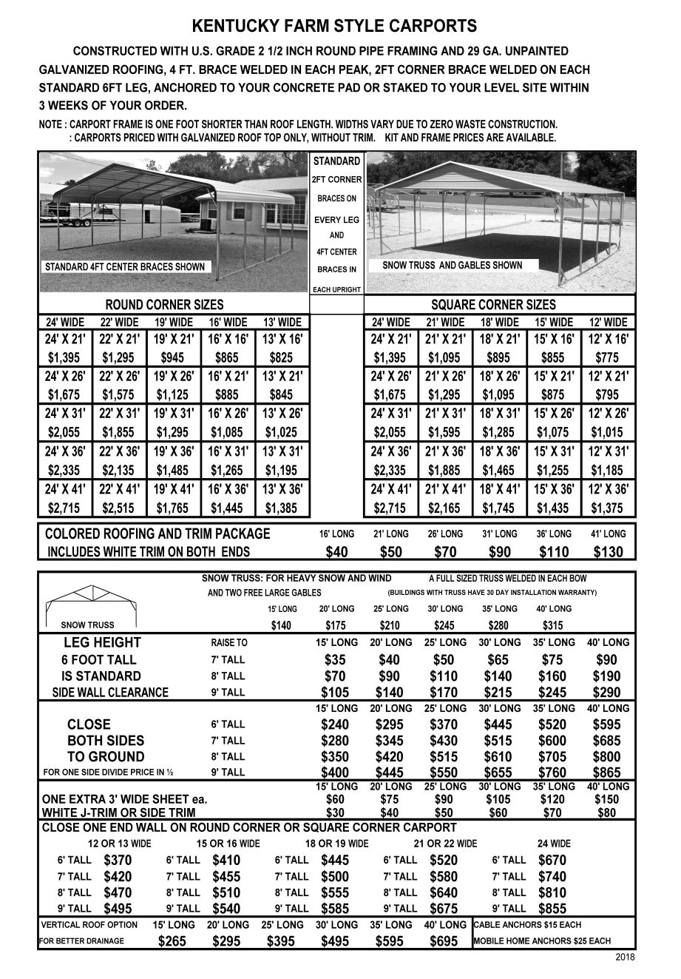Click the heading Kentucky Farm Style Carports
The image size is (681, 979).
click(x=334, y=27)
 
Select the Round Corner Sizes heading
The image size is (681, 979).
click(x=164, y=305)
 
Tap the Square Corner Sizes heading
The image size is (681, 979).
click(x=492, y=305)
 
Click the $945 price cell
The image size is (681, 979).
click(x=172, y=357)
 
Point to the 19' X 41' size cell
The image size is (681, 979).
click(x=172, y=489)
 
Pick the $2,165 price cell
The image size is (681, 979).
click(x=444, y=508)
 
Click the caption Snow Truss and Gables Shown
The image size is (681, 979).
click(x=452, y=265)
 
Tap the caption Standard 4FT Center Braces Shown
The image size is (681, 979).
click(x=125, y=266)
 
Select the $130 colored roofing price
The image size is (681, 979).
click(x=609, y=551)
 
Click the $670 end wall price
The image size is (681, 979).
click(x=552, y=860)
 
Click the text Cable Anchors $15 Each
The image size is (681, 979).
click(x=527, y=924)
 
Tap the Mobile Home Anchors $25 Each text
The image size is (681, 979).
click(x=542, y=941)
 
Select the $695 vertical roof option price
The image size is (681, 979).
click(x=444, y=941)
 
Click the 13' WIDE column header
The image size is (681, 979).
click(x=282, y=322)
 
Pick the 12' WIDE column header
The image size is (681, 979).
click(x=609, y=322)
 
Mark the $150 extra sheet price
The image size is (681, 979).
click(x=608, y=799)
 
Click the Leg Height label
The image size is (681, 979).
click(x=102, y=642)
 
